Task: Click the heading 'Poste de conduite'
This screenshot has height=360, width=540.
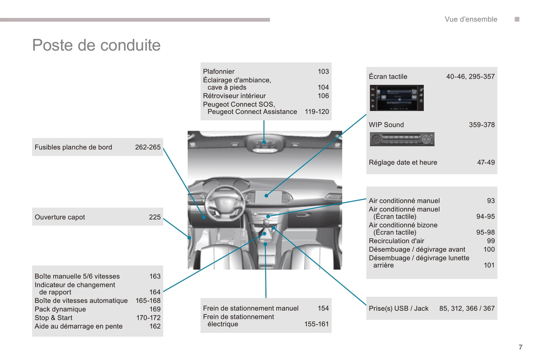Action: (96, 45)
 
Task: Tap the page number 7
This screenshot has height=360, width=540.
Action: (521, 347)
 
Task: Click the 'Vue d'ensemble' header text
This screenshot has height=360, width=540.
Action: (471, 19)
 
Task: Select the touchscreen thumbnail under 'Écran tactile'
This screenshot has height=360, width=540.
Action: (396, 98)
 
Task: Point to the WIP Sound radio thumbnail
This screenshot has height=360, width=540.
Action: (402, 139)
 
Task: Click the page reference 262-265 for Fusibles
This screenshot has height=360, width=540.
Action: (148, 147)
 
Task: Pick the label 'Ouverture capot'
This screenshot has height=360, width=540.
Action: (60, 217)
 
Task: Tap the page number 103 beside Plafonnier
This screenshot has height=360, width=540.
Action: (323, 71)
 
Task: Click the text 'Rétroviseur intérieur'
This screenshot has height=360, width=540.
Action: (234, 96)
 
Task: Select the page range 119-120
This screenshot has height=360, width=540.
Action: (317, 112)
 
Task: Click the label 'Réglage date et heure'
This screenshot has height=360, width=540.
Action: (403, 162)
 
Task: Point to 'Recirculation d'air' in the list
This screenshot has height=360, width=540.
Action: (396, 241)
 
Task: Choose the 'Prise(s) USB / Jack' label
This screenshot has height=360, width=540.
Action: (398, 308)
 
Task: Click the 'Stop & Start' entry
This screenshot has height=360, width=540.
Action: (53, 318)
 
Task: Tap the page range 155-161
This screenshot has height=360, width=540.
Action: (317, 324)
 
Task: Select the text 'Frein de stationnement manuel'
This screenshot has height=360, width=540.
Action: (251, 308)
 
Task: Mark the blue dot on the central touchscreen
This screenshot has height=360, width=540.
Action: (266, 195)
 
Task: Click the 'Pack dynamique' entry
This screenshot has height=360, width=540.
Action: (60, 309)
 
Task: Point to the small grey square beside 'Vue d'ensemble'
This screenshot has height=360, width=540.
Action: (517, 19)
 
